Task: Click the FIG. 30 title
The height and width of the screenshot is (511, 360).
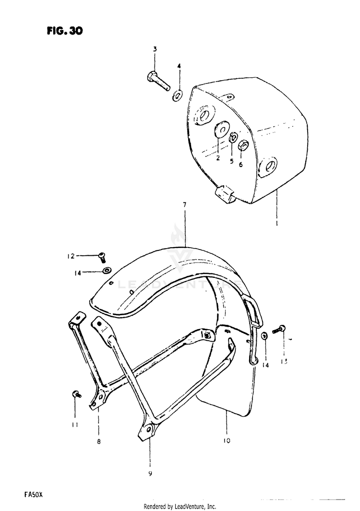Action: pyautogui.click(x=65, y=31)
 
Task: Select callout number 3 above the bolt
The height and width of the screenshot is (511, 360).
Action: pyautogui.click(x=155, y=49)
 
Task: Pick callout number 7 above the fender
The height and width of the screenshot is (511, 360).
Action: pyautogui.click(x=184, y=205)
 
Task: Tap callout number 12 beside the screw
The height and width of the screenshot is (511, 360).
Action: pyautogui.click(x=71, y=256)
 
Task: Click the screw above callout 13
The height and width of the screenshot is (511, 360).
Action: pyautogui.click(x=280, y=330)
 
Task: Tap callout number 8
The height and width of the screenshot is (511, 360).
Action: pyautogui.click(x=98, y=442)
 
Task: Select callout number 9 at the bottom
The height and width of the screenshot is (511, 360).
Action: pyautogui.click(x=150, y=474)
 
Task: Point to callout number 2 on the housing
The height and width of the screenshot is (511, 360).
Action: pyautogui.click(x=217, y=157)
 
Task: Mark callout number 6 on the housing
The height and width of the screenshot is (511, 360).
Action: pyautogui.click(x=241, y=164)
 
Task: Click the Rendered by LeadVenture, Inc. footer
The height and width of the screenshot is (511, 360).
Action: pyautogui.click(x=180, y=507)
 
